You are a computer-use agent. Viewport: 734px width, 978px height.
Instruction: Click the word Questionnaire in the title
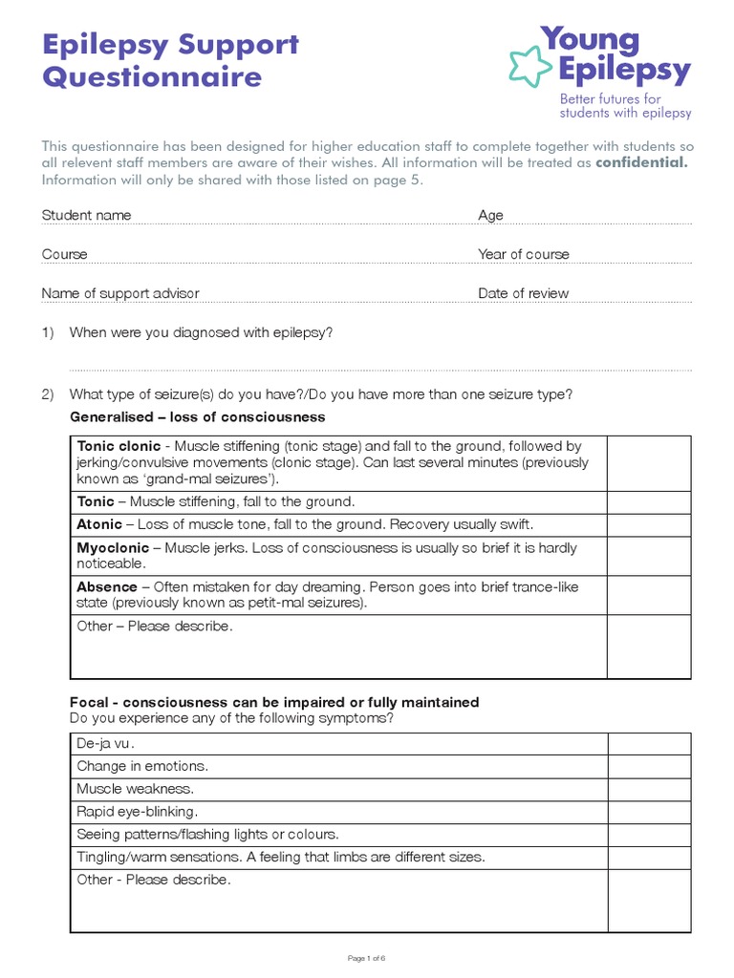click(151, 76)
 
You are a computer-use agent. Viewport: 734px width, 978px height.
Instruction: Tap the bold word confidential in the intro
click(640, 163)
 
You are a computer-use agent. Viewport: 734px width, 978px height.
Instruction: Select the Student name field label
click(86, 215)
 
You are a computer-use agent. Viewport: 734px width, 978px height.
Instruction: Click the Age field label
click(490, 215)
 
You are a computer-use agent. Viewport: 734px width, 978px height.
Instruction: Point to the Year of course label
click(523, 254)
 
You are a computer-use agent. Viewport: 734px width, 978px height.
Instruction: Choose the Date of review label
click(523, 293)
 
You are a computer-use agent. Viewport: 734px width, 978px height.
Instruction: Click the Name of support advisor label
click(120, 293)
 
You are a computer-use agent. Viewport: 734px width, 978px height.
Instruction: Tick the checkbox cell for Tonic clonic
click(648, 463)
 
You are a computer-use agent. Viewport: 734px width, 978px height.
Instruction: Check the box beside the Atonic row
click(648, 524)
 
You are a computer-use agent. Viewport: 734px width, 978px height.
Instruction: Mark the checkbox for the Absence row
click(648, 594)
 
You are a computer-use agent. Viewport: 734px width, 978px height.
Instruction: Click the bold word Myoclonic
click(113, 548)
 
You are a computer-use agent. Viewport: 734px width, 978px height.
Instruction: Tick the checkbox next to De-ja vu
click(648, 743)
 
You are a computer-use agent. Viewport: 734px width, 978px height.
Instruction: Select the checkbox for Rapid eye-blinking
click(648, 812)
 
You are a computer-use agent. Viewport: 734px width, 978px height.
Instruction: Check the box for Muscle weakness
click(648, 789)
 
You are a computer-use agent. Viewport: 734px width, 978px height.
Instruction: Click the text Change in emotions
click(142, 766)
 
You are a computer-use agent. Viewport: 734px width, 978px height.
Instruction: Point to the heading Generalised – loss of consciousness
click(197, 417)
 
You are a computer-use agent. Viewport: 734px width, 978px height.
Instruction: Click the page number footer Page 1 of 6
click(366, 957)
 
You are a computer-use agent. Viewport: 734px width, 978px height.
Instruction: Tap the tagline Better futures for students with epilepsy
click(624, 106)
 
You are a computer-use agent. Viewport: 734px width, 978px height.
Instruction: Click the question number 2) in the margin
click(48, 394)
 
